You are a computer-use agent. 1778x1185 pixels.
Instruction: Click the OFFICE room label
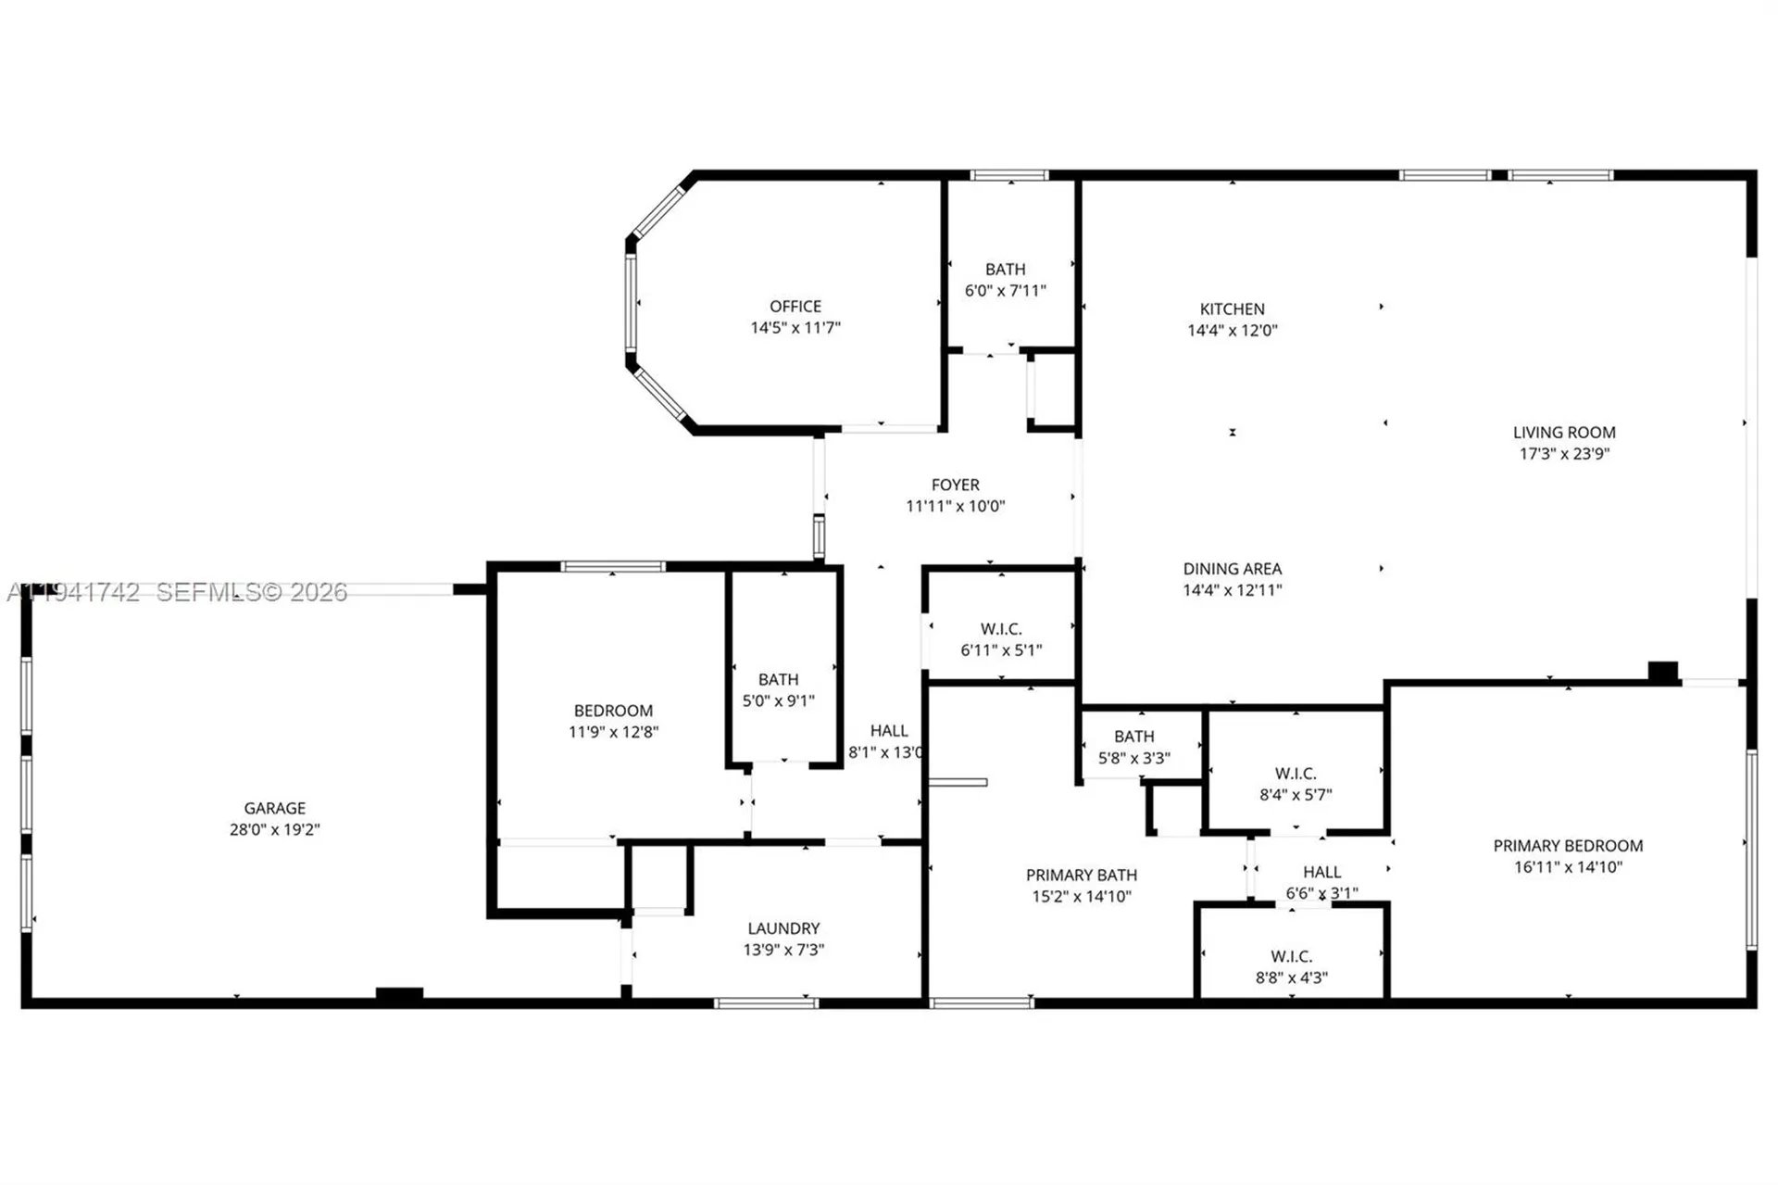(x=795, y=307)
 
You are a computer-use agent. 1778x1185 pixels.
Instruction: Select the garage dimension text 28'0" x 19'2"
(x=274, y=829)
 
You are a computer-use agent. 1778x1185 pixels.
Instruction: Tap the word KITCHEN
(x=1232, y=309)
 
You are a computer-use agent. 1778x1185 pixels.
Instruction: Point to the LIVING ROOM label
(x=1563, y=433)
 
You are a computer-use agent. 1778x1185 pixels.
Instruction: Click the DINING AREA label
(x=1232, y=569)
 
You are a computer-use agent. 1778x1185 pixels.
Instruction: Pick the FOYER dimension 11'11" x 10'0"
(x=955, y=506)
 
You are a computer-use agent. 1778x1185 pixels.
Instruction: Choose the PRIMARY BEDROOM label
(x=1567, y=846)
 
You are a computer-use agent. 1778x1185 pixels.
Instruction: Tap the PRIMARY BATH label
(x=1081, y=876)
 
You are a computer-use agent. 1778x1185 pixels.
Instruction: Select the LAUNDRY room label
(x=783, y=928)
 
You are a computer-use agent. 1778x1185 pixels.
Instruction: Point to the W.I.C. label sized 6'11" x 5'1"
(x=1000, y=629)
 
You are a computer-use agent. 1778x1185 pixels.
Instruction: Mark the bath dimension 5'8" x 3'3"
(x=1133, y=758)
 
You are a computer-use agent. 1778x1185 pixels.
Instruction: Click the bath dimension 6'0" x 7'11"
(x=1005, y=291)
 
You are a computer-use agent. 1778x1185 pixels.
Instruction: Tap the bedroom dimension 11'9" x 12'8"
(x=613, y=732)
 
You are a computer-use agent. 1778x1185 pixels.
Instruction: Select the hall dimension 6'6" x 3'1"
(x=1321, y=893)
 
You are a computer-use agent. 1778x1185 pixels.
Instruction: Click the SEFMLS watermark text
(x=250, y=592)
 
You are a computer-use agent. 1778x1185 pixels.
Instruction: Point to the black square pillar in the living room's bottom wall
(x=1662, y=672)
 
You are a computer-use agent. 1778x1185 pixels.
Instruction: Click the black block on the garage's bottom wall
(x=399, y=995)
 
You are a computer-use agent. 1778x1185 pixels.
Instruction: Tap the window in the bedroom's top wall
(x=612, y=566)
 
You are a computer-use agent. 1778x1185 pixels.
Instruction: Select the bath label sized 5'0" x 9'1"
(x=778, y=680)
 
